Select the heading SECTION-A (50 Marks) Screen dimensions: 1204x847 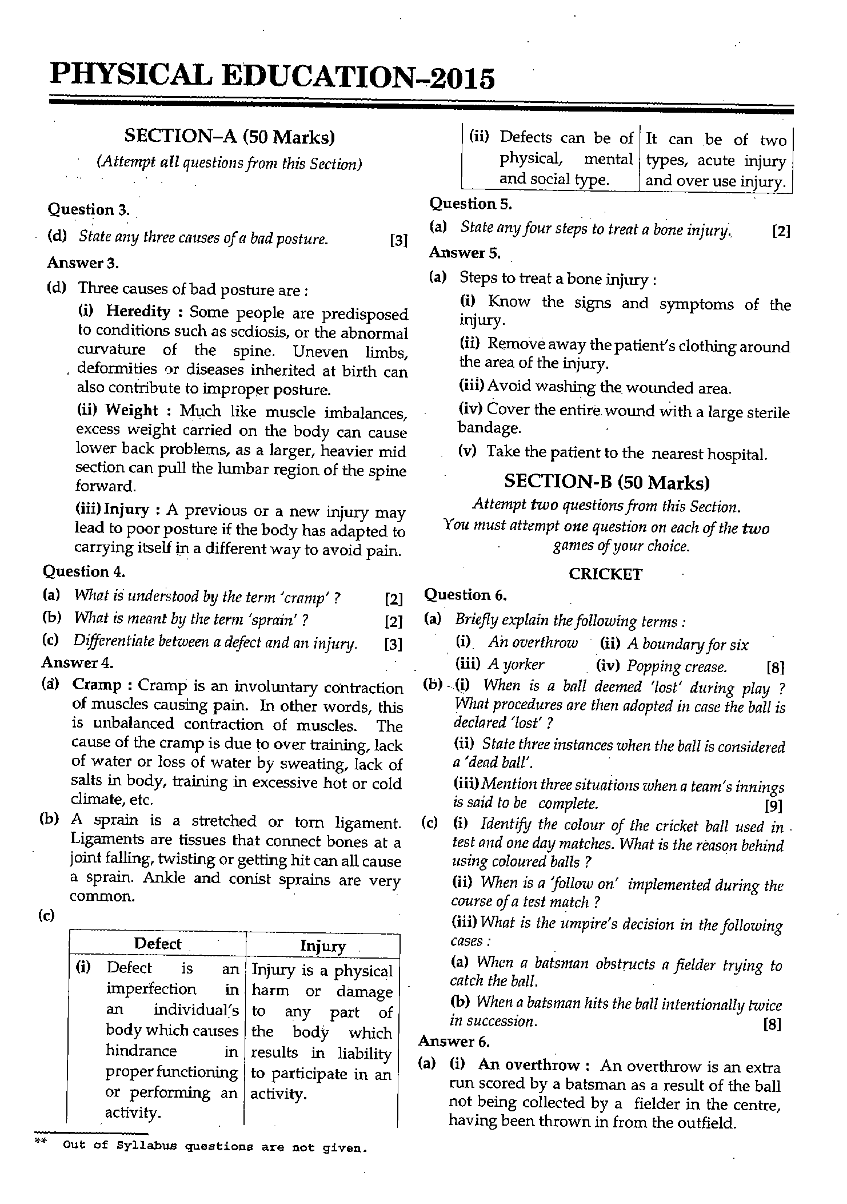229,137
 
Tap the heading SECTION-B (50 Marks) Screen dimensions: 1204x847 606,482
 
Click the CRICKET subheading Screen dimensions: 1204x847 605,574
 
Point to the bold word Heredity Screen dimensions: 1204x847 138,311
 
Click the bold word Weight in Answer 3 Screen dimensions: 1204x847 131,410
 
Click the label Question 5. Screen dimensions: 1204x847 470,204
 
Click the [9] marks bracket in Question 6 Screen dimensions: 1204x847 773,806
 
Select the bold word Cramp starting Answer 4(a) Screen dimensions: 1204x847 97,685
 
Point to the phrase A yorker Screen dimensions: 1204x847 516,665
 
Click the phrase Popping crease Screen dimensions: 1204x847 677,666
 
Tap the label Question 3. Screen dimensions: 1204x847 89,209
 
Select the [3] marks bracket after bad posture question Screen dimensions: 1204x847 398,240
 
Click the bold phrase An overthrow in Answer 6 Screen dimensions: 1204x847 529,1064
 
